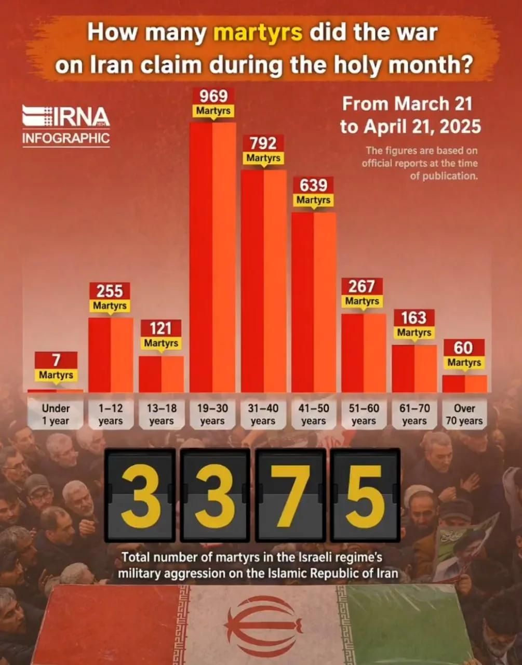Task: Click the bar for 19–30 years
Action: (x=212, y=257)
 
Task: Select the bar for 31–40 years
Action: (x=263, y=281)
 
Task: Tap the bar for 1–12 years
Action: (x=111, y=355)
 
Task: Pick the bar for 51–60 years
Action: (x=364, y=353)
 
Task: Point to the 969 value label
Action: (x=213, y=96)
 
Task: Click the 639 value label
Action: (x=314, y=185)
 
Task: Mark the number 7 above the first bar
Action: (x=56, y=360)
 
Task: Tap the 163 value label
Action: (x=414, y=317)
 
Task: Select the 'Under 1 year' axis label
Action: (x=56, y=415)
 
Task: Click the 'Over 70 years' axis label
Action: (x=464, y=415)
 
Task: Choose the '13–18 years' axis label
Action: (x=161, y=415)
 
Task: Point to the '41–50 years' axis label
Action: (x=313, y=415)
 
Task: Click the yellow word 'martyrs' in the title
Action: (x=258, y=32)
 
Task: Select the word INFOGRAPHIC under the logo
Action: (x=66, y=138)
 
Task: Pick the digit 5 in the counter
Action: (x=365, y=495)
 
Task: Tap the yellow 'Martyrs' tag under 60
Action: (x=464, y=362)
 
